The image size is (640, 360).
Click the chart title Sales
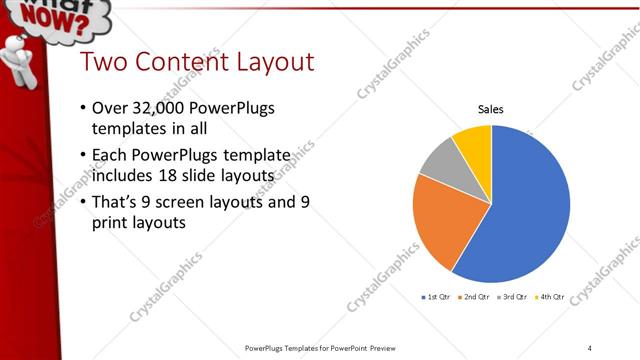click(490, 108)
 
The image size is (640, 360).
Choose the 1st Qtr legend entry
click(439, 297)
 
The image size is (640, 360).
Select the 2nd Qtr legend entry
click(476, 297)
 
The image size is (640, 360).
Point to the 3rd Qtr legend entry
click(513, 297)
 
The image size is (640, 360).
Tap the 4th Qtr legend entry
click(550, 297)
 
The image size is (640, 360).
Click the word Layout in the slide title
click(275, 62)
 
